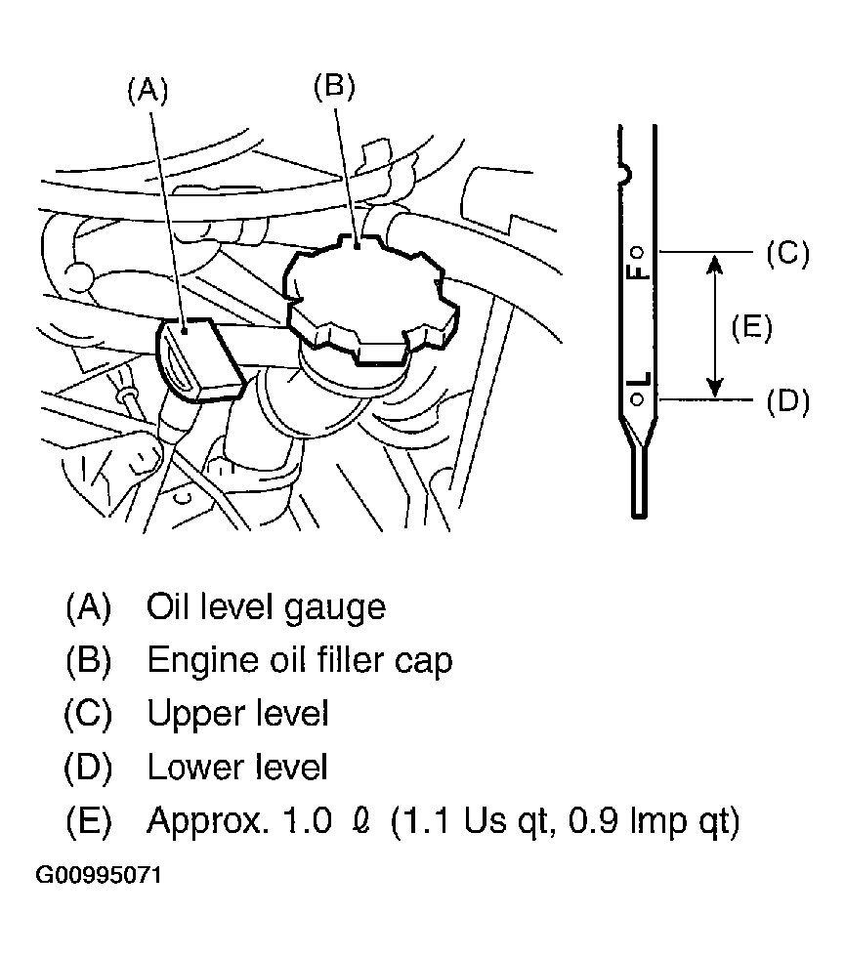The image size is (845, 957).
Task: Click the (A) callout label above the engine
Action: coord(148,92)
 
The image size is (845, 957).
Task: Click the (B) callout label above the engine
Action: coord(334,86)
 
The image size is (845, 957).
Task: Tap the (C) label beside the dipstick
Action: coord(787,253)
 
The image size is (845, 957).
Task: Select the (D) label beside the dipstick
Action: coord(787,401)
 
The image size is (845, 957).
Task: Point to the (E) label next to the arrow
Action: coord(751,327)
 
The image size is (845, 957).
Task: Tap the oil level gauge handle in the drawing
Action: coord(199,360)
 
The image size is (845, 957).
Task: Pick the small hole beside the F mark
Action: coord(637,252)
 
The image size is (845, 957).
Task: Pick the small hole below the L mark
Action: coord(637,399)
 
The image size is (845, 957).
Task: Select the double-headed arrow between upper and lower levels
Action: coord(714,326)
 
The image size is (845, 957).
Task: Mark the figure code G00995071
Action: coord(99,875)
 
